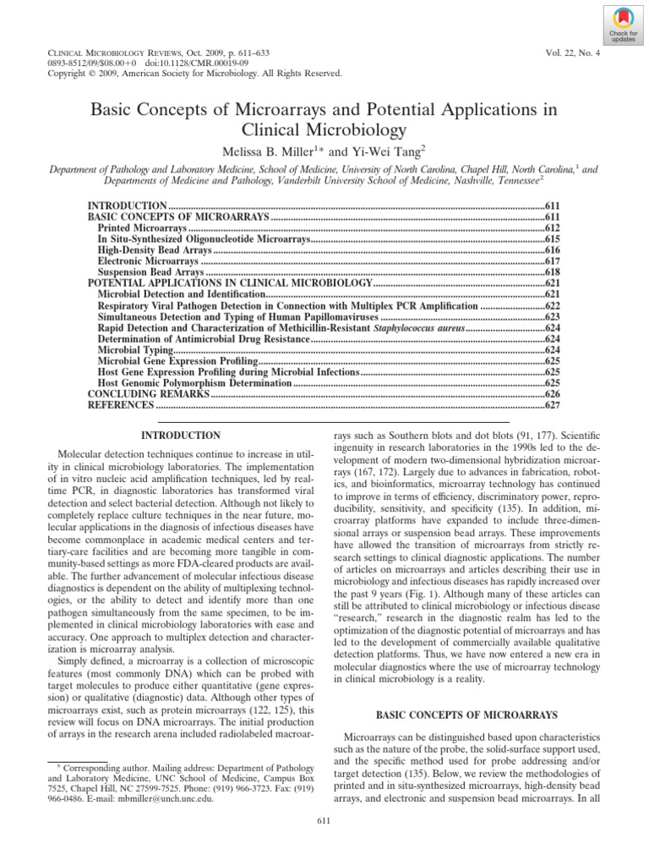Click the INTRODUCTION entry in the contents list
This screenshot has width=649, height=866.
tap(128, 206)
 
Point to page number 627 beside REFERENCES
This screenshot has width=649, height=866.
tap(553, 405)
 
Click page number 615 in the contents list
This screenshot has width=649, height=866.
tap(553, 239)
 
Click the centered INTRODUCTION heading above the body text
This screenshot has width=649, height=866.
tap(181, 435)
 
